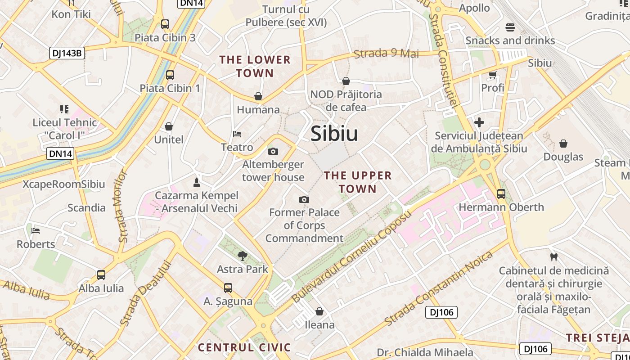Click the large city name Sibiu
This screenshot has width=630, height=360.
click(334, 134)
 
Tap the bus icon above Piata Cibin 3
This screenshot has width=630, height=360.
click(165, 24)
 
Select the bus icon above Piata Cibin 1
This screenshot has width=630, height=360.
click(170, 75)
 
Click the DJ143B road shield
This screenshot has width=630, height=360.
click(67, 53)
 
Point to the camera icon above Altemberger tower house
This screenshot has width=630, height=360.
click(273, 151)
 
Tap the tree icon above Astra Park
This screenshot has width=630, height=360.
click(243, 256)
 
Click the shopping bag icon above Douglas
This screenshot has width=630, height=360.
click(563, 144)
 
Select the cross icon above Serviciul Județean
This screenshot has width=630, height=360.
click(479, 122)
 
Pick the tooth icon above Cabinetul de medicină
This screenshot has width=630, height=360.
click(554, 257)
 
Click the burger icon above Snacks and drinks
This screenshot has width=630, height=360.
click(510, 27)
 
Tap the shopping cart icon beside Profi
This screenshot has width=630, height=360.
click(492, 75)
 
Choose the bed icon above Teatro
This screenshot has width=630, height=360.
click(237, 134)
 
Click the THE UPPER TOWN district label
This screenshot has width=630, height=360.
click(358, 182)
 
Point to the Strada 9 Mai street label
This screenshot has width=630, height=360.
click(386, 54)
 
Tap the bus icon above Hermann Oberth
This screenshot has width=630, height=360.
click(501, 194)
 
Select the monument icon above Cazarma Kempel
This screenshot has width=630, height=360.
click(196, 182)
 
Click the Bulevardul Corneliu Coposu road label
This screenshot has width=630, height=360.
click(351, 256)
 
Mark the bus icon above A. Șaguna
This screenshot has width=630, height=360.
click(228, 288)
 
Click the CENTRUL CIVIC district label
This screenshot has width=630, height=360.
click(244, 347)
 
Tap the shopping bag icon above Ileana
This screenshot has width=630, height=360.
click(319, 311)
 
